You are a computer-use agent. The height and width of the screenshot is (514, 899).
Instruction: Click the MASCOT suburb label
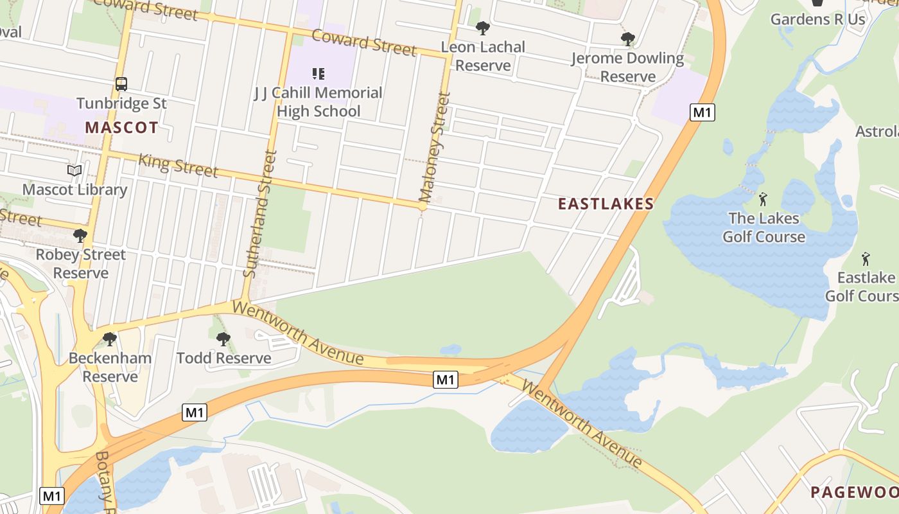tap(121, 127)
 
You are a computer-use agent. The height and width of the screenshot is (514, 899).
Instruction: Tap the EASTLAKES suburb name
tap(606, 204)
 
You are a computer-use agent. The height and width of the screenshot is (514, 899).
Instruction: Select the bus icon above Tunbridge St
tap(121, 84)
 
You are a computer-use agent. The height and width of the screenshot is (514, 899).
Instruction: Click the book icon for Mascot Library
tap(74, 171)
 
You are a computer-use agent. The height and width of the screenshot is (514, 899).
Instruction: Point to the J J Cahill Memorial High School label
tap(319, 102)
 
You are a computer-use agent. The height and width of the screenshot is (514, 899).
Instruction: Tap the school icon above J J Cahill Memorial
tap(319, 74)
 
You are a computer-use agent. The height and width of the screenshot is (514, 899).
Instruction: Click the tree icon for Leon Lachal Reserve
tap(482, 28)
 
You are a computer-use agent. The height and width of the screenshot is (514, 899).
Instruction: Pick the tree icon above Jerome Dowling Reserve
tap(627, 39)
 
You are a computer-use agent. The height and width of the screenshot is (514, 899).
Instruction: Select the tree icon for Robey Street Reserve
tap(80, 236)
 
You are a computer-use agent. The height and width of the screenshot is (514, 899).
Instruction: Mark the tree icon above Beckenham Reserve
tap(110, 339)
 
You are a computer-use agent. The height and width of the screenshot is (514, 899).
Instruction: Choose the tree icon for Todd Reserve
tap(223, 339)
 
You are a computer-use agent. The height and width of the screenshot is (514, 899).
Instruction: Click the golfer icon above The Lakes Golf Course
tap(763, 199)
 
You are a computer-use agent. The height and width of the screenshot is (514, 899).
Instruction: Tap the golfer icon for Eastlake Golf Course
tap(865, 259)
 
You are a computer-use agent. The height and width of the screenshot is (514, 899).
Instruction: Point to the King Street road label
tap(178, 165)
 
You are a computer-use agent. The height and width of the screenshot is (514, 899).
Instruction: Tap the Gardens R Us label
tap(817, 19)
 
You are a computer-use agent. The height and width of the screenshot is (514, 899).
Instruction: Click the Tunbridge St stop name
tap(121, 103)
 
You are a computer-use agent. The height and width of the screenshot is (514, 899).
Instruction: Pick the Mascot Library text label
tap(74, 190)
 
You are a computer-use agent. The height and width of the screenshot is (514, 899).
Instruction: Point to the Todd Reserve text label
tap(223, 358)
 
